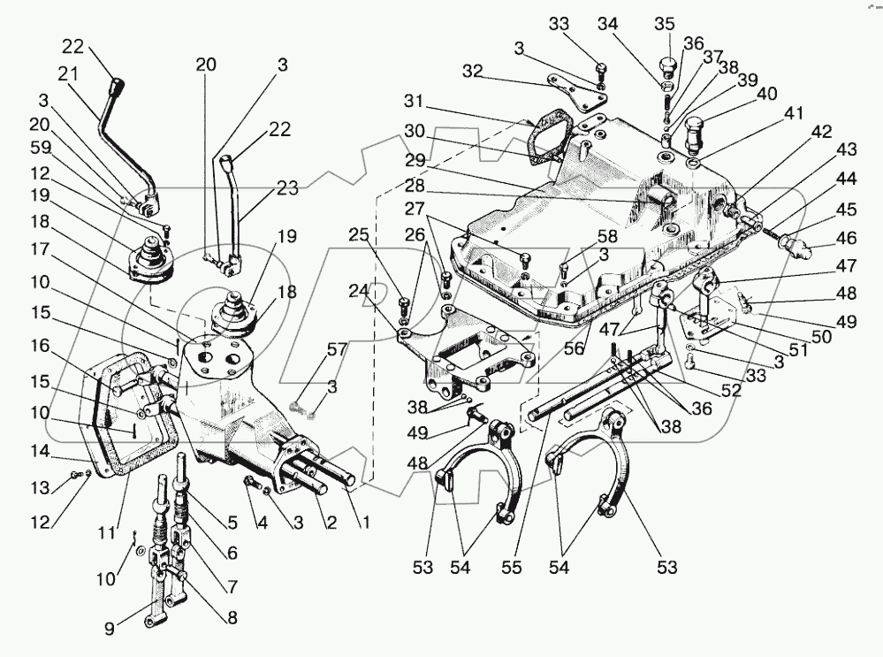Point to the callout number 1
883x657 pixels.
point(362,523)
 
